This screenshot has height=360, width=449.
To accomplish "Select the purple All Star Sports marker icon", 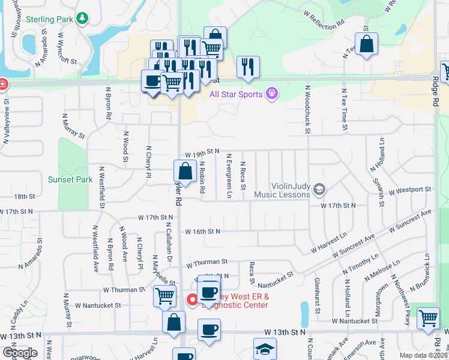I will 272,94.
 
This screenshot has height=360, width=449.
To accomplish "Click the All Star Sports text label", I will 236,94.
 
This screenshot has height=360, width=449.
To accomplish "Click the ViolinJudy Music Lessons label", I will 282,190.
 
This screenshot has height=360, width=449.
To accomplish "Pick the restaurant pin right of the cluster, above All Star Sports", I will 248,67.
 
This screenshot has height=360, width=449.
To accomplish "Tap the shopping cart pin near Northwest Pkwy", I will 427,318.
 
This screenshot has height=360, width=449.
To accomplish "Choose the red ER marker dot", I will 193,299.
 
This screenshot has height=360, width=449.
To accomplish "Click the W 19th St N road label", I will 202,154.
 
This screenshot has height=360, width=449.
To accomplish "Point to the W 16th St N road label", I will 203,231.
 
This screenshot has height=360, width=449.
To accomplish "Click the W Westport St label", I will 410,191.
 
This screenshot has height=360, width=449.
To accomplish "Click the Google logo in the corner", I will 20,353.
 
